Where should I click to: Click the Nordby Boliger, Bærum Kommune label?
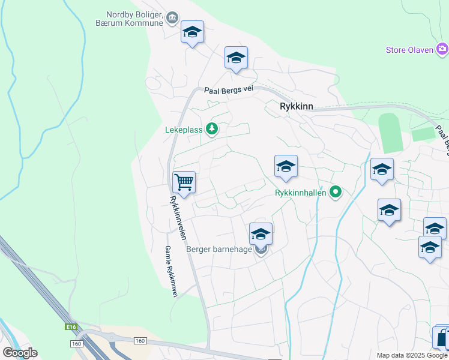point(135,18)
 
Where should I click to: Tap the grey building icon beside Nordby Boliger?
point(172,18)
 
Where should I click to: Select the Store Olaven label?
point(409,50)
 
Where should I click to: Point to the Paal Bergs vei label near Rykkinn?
point(228,89)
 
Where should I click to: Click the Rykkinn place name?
point(297,106)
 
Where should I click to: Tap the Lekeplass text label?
point(184,128)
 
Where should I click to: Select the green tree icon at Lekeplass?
point(211,128)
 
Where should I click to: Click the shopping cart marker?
point(184,182)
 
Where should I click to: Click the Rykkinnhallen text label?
point(300,193)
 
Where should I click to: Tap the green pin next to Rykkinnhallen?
point(336,192)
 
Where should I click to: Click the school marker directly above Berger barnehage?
point(261,233)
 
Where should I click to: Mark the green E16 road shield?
point(72,327)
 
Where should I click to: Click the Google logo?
point(20,353)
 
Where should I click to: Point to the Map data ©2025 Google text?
point(411,355)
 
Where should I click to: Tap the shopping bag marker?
point(442,339)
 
